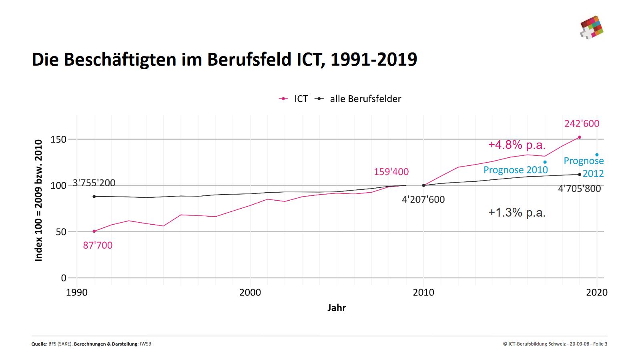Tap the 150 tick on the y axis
coord(58,140)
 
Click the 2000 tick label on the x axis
coord(250,293)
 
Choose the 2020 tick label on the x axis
coord(597,293)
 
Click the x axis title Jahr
coord(336,308)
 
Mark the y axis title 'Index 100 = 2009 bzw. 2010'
coord(38,200)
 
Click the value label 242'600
coord(582,124)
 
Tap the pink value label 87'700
coord(98,245)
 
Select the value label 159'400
coord(391,172)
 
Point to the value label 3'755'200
coord(94,183)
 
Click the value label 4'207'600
coord(423,199)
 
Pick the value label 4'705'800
coord(579,189)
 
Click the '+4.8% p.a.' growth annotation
coord(517,145)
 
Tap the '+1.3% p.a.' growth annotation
coord(517,212)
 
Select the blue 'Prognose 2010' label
coord(516,170)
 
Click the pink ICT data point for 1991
coord(94,231)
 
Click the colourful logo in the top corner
coord(591,27)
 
